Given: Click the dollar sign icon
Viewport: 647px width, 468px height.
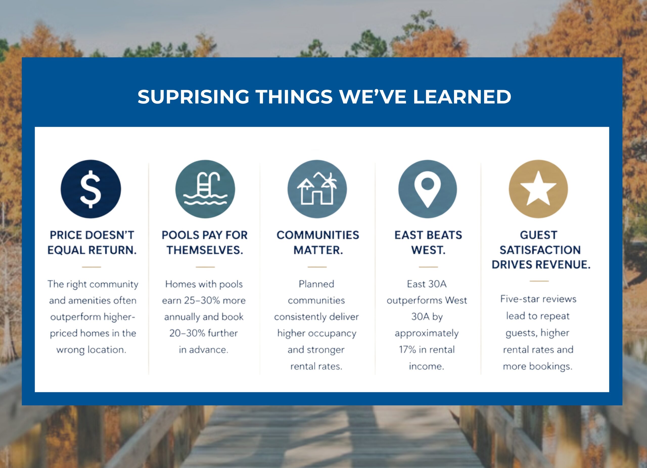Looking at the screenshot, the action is click(91, 189).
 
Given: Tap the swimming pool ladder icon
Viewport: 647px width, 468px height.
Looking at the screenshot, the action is click(205, 189).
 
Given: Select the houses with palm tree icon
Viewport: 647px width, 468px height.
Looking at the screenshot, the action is click(317, 189).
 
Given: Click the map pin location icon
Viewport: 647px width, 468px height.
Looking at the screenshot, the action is click(428, 189).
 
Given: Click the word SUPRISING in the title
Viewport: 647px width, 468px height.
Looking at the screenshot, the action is click(193, 97).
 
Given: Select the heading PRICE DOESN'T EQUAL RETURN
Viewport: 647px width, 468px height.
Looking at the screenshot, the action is click(92, 243).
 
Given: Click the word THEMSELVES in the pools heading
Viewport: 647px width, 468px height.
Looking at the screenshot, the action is click(205, 250).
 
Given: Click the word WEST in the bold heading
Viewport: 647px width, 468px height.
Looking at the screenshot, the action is click(428, 250).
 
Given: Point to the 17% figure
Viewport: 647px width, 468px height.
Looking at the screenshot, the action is click(407, 349).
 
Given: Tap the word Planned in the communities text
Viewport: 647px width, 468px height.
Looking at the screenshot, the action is click(316, 284).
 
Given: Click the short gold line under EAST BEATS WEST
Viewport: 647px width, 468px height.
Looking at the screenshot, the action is click(428, 267).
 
